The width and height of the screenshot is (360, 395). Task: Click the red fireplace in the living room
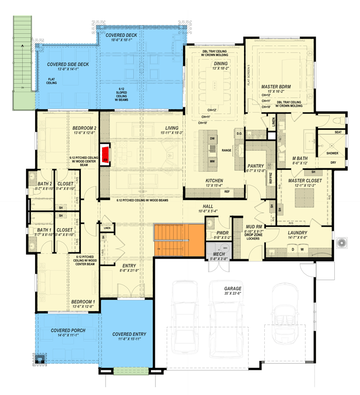pyautogui.click(x=105, y=154)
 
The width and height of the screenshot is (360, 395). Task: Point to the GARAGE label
pyautogui.click(x=232, y=288)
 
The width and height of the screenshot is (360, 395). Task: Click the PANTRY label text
pyautogui.click(x=255, y=166)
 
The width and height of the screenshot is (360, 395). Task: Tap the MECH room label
pyautogui.click(x=218, y=254)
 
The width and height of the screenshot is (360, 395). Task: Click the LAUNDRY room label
pyautogui.click(x=297, y=233)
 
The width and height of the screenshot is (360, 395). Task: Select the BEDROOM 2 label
pyautogui.click(x=84, y=127)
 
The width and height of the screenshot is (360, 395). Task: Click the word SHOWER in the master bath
pyautogui.click(x=332, y=153)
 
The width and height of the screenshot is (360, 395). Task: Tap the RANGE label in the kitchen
pyautogui.click(x=227, y=150)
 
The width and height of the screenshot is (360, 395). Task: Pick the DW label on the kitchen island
pyautogui.click(x=212, y=138)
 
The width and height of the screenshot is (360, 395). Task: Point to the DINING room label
pyautogui.click(x=220, y=63)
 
